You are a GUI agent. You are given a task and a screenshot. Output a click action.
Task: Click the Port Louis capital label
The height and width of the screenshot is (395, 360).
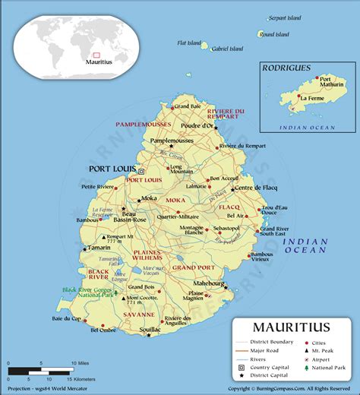point(112,169)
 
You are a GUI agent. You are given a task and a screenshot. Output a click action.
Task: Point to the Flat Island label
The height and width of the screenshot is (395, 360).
point(188,43)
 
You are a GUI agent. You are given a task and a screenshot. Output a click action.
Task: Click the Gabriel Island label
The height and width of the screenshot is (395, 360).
point(227,49)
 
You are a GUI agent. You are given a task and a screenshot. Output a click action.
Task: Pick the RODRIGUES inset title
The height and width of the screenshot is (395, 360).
point(286,68)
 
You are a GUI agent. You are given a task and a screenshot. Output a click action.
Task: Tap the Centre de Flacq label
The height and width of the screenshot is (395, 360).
point(254,188)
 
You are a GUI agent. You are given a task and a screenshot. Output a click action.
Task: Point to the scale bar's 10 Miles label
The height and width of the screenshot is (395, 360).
point(82,363)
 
